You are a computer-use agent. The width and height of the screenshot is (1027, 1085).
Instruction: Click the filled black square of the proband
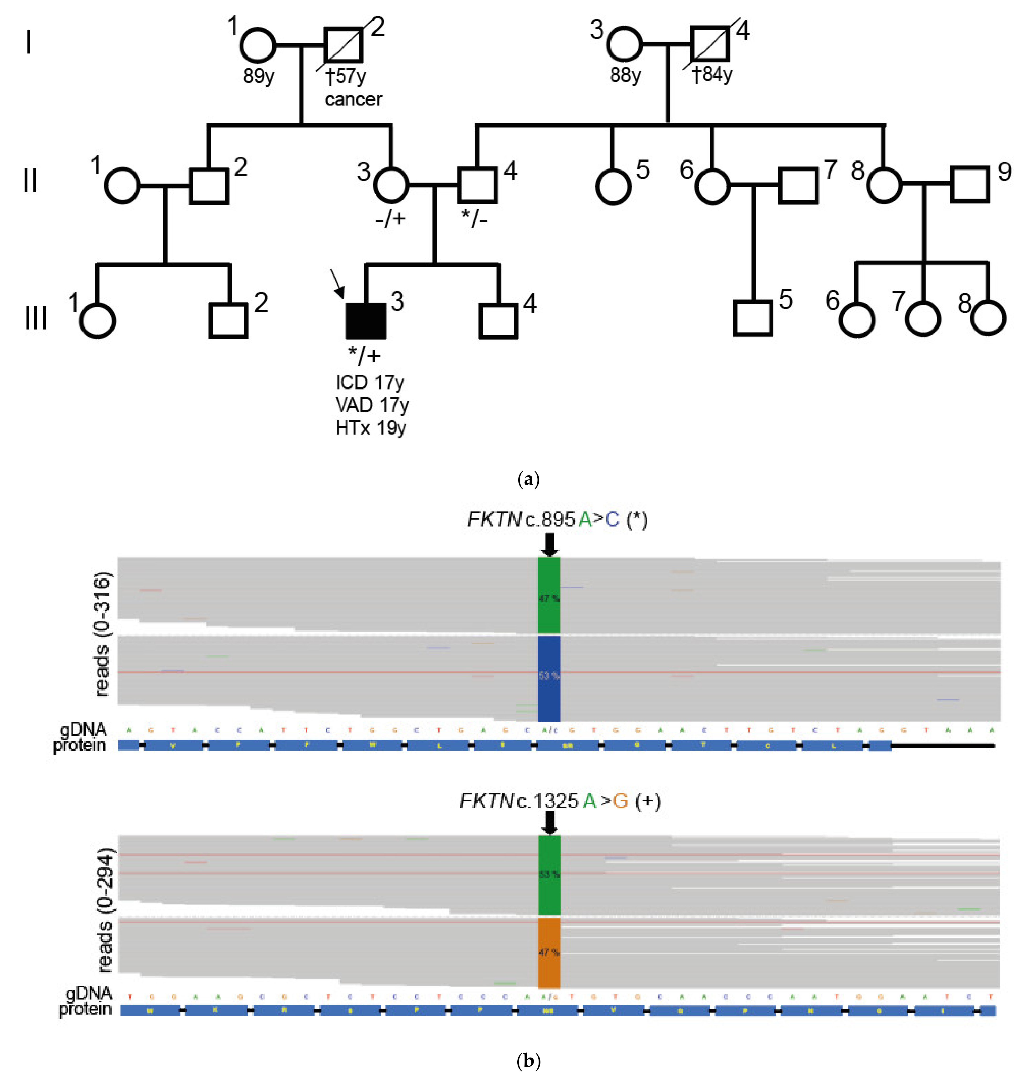365,321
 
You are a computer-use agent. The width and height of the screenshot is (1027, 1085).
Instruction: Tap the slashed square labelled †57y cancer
343,45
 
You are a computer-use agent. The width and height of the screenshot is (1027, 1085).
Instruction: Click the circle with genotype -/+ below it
391,185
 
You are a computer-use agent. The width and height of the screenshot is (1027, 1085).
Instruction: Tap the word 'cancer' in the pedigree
353,99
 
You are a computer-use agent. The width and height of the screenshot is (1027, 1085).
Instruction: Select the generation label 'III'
36,318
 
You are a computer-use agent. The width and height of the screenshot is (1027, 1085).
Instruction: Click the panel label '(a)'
528,479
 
